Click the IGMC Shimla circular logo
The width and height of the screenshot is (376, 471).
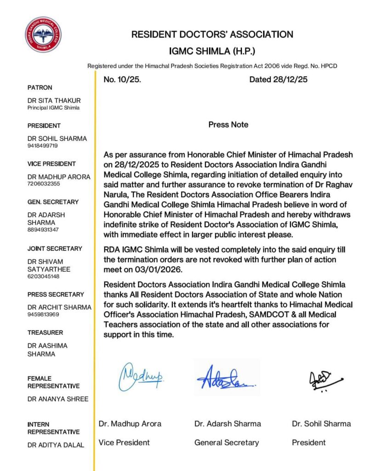click(x=43, y=35)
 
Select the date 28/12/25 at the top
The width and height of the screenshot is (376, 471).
click(x=278, y=79)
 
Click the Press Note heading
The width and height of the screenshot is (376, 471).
click(x=228, y=125)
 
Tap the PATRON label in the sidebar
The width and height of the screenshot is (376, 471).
click(x=40, y=87)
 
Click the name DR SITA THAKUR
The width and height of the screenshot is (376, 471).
click(x=54, y=100)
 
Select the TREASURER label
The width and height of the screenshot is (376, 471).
click(x=46, y=333)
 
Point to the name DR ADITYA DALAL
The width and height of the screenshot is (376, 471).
click(x=56, y=445)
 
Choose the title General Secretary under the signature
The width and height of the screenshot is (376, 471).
click(x=227, y=442)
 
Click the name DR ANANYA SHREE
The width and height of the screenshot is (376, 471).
click(x=58, y=399)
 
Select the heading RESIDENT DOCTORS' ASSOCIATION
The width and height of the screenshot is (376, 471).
click(x=212, y=34)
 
